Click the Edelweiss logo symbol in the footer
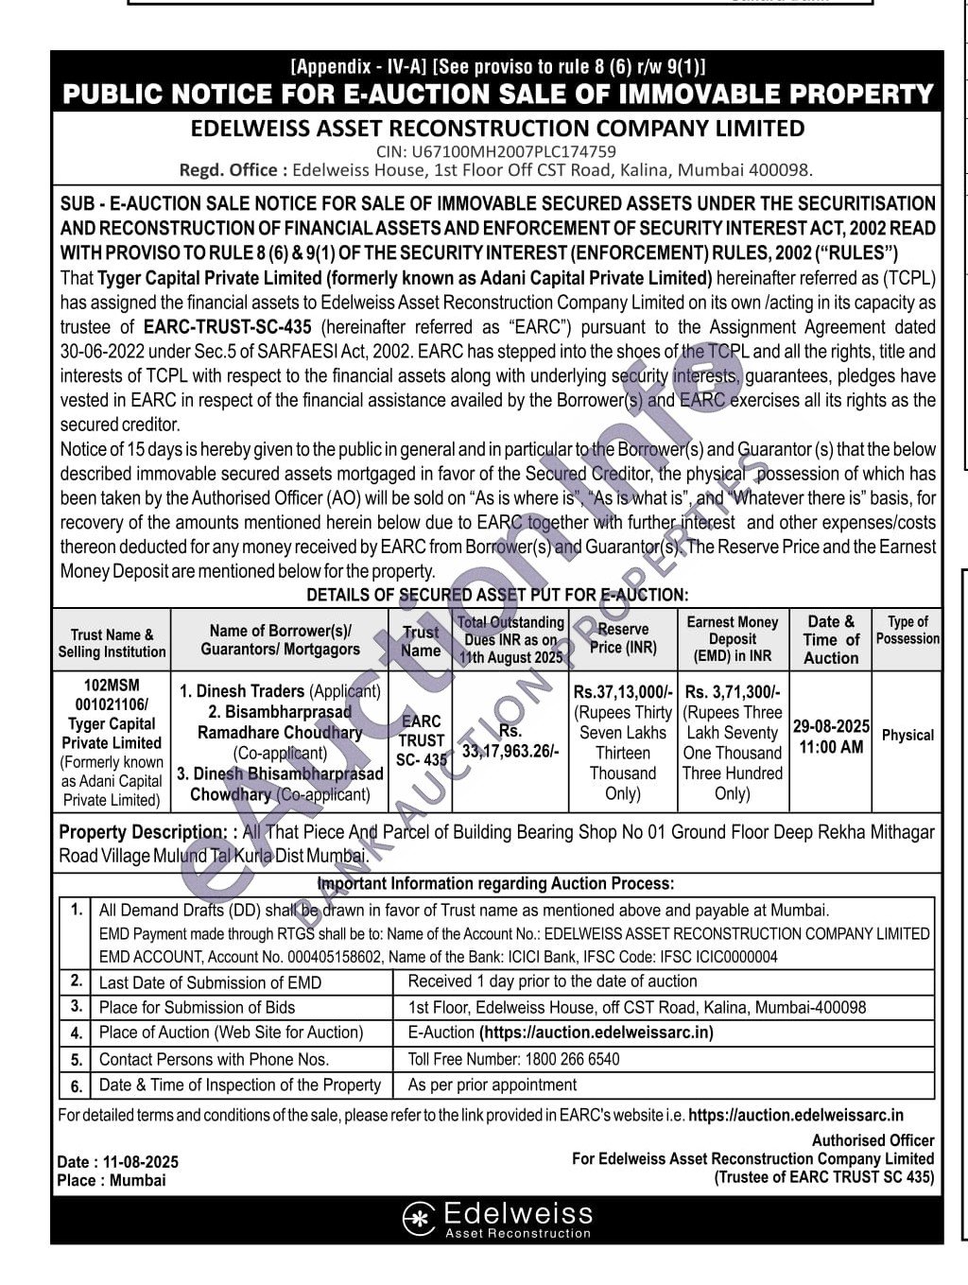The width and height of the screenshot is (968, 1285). tap(419, 1218)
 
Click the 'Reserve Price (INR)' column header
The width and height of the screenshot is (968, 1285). tap(623, 638)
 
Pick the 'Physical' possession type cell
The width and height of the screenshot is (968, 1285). tap(907, 735)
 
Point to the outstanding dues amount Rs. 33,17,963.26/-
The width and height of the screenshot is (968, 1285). tap(510, 741)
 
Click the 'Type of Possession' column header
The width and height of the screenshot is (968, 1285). tap(907, 630)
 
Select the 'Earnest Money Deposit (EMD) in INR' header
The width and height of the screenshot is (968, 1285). tap(733, 638)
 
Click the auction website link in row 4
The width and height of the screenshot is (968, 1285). tap(596, 1033)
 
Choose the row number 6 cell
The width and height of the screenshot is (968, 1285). tap(76, 1085)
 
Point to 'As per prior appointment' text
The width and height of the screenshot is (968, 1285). tap(492, 1085)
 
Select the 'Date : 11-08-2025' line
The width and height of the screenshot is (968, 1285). tap(117, 1162)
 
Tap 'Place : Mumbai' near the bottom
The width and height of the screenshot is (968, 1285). tap(111, 1180)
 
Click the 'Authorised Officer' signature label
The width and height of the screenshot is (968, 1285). tap(873, 1140)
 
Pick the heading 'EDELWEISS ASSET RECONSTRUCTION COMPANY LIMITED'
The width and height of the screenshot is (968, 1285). tap(497, 129)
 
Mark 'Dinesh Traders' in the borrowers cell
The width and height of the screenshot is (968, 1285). tap(251, 691)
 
